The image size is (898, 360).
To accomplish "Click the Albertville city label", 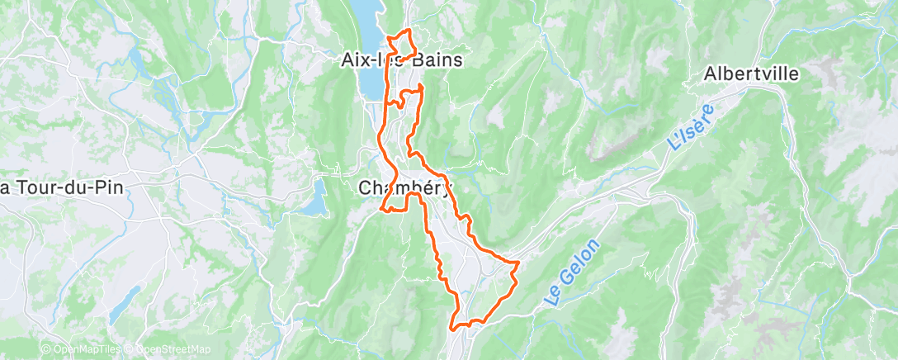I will coord(751,74).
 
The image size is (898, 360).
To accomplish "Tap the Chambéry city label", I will coord(405,188).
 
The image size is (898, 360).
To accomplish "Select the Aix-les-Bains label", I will coord(402,60).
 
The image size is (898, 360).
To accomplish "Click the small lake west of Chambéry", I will coord(313,197).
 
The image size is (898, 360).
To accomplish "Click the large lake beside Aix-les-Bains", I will coord(369,50).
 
